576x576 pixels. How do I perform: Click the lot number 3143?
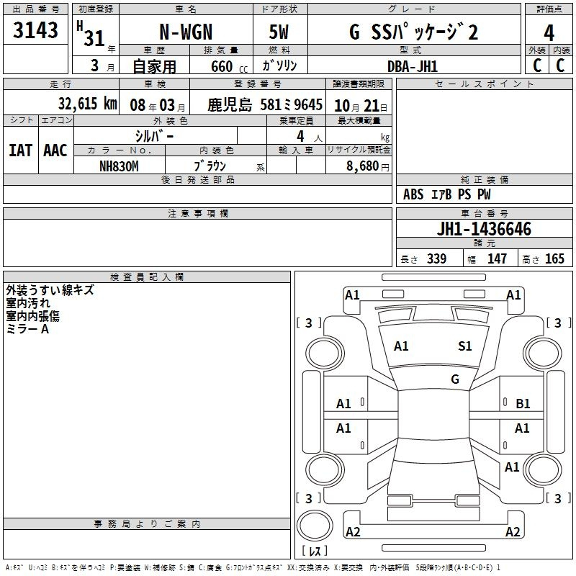pyautogui.click(x=35, y=30)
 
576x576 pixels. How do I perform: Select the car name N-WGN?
pyautogui.click(x=186, y=32)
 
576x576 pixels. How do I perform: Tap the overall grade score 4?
pyautogui.click(x=549, y=32)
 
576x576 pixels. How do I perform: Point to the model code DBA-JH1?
pyautogui.click(x=413, y=66)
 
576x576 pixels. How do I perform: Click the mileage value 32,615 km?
pyautogui.click(x=87, y=104)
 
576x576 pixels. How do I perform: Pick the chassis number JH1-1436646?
pyautogui.click(x=484, y=229)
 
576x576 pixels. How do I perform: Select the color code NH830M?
pyautogui.click(x=119, y=166)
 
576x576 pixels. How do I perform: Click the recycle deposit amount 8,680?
pyautogui.click(x=363, y=166)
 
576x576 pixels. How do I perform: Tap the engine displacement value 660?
pyautogui.click(x=222, y=66)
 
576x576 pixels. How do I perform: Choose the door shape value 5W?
pyautogui.click(x=279, y=32)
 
